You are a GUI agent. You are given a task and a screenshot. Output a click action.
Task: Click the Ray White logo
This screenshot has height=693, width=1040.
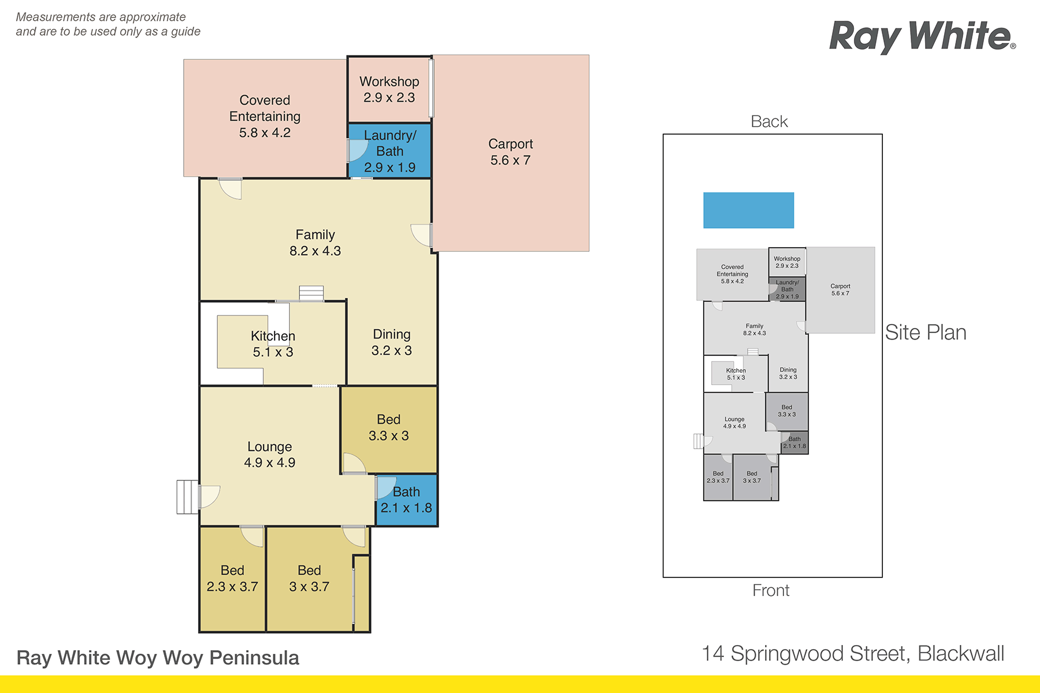click(922, 37)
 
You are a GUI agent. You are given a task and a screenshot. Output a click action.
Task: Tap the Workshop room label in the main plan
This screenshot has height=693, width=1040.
click(389, 81)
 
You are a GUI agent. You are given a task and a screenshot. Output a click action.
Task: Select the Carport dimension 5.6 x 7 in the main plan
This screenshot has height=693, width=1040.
click(510, 160)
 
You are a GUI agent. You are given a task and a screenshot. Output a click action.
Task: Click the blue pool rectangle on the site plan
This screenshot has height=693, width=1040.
click(748, 210)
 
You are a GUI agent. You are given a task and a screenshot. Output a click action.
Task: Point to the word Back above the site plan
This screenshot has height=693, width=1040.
click(769, 121)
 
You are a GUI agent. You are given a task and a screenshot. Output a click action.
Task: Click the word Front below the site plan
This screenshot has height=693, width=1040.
click(771, 590)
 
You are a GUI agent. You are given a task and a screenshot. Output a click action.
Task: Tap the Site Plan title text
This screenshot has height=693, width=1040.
click(926, 332)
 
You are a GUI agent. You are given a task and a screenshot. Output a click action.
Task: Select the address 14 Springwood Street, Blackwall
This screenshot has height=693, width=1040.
click(853, 654)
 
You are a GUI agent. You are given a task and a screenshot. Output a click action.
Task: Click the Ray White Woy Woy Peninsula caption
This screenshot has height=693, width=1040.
click(158, 658)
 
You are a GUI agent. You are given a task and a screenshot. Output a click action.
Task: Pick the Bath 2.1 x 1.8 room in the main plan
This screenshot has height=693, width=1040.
click(407, 501)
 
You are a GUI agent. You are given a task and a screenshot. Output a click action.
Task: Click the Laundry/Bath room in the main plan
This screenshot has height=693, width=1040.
click(389, 151)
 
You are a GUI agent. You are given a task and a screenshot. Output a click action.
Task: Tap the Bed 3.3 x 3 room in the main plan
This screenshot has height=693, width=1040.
click(389, 429)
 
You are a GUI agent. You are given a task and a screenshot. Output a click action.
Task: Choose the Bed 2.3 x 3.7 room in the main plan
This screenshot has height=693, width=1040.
click(232, 579)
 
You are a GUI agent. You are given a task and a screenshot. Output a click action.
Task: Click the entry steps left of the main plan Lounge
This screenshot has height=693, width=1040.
click(188, 497)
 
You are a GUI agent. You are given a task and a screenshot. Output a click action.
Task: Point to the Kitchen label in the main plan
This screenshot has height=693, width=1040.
click(273, 336)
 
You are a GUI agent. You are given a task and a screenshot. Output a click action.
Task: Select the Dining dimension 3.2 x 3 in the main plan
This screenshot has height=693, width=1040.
click(392, 351)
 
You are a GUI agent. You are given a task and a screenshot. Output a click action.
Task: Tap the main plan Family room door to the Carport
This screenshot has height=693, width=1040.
click(422, 235)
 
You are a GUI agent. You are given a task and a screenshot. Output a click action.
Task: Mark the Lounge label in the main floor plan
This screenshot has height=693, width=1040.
click(269, 446)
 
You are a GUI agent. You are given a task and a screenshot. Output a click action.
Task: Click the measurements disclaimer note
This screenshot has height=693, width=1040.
click(108, 24)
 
